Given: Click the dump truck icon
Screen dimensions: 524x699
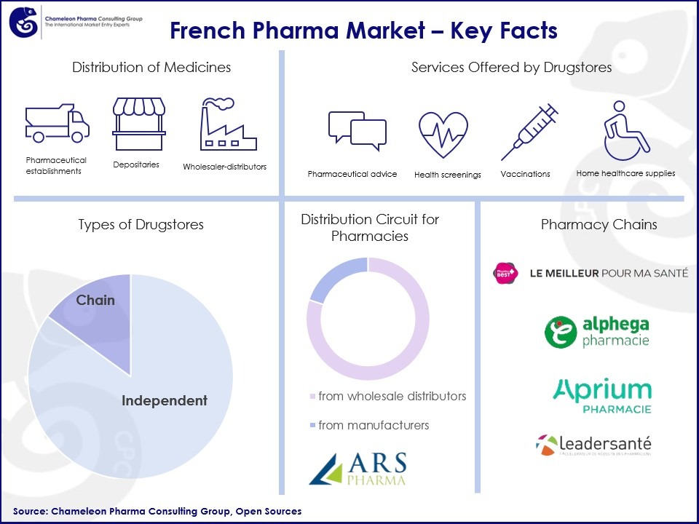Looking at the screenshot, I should [57, 123].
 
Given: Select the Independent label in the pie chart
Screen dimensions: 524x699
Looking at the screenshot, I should [164, 401].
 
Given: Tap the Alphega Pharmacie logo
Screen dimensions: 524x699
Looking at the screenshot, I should [597, 332].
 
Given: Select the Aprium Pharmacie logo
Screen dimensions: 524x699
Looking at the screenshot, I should [602, 395].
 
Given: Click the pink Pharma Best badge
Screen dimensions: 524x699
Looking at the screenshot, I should [505, 273].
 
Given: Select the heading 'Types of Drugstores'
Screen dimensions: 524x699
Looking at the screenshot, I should [141, 225].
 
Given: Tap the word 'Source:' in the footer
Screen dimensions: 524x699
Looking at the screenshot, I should [30, 512].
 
